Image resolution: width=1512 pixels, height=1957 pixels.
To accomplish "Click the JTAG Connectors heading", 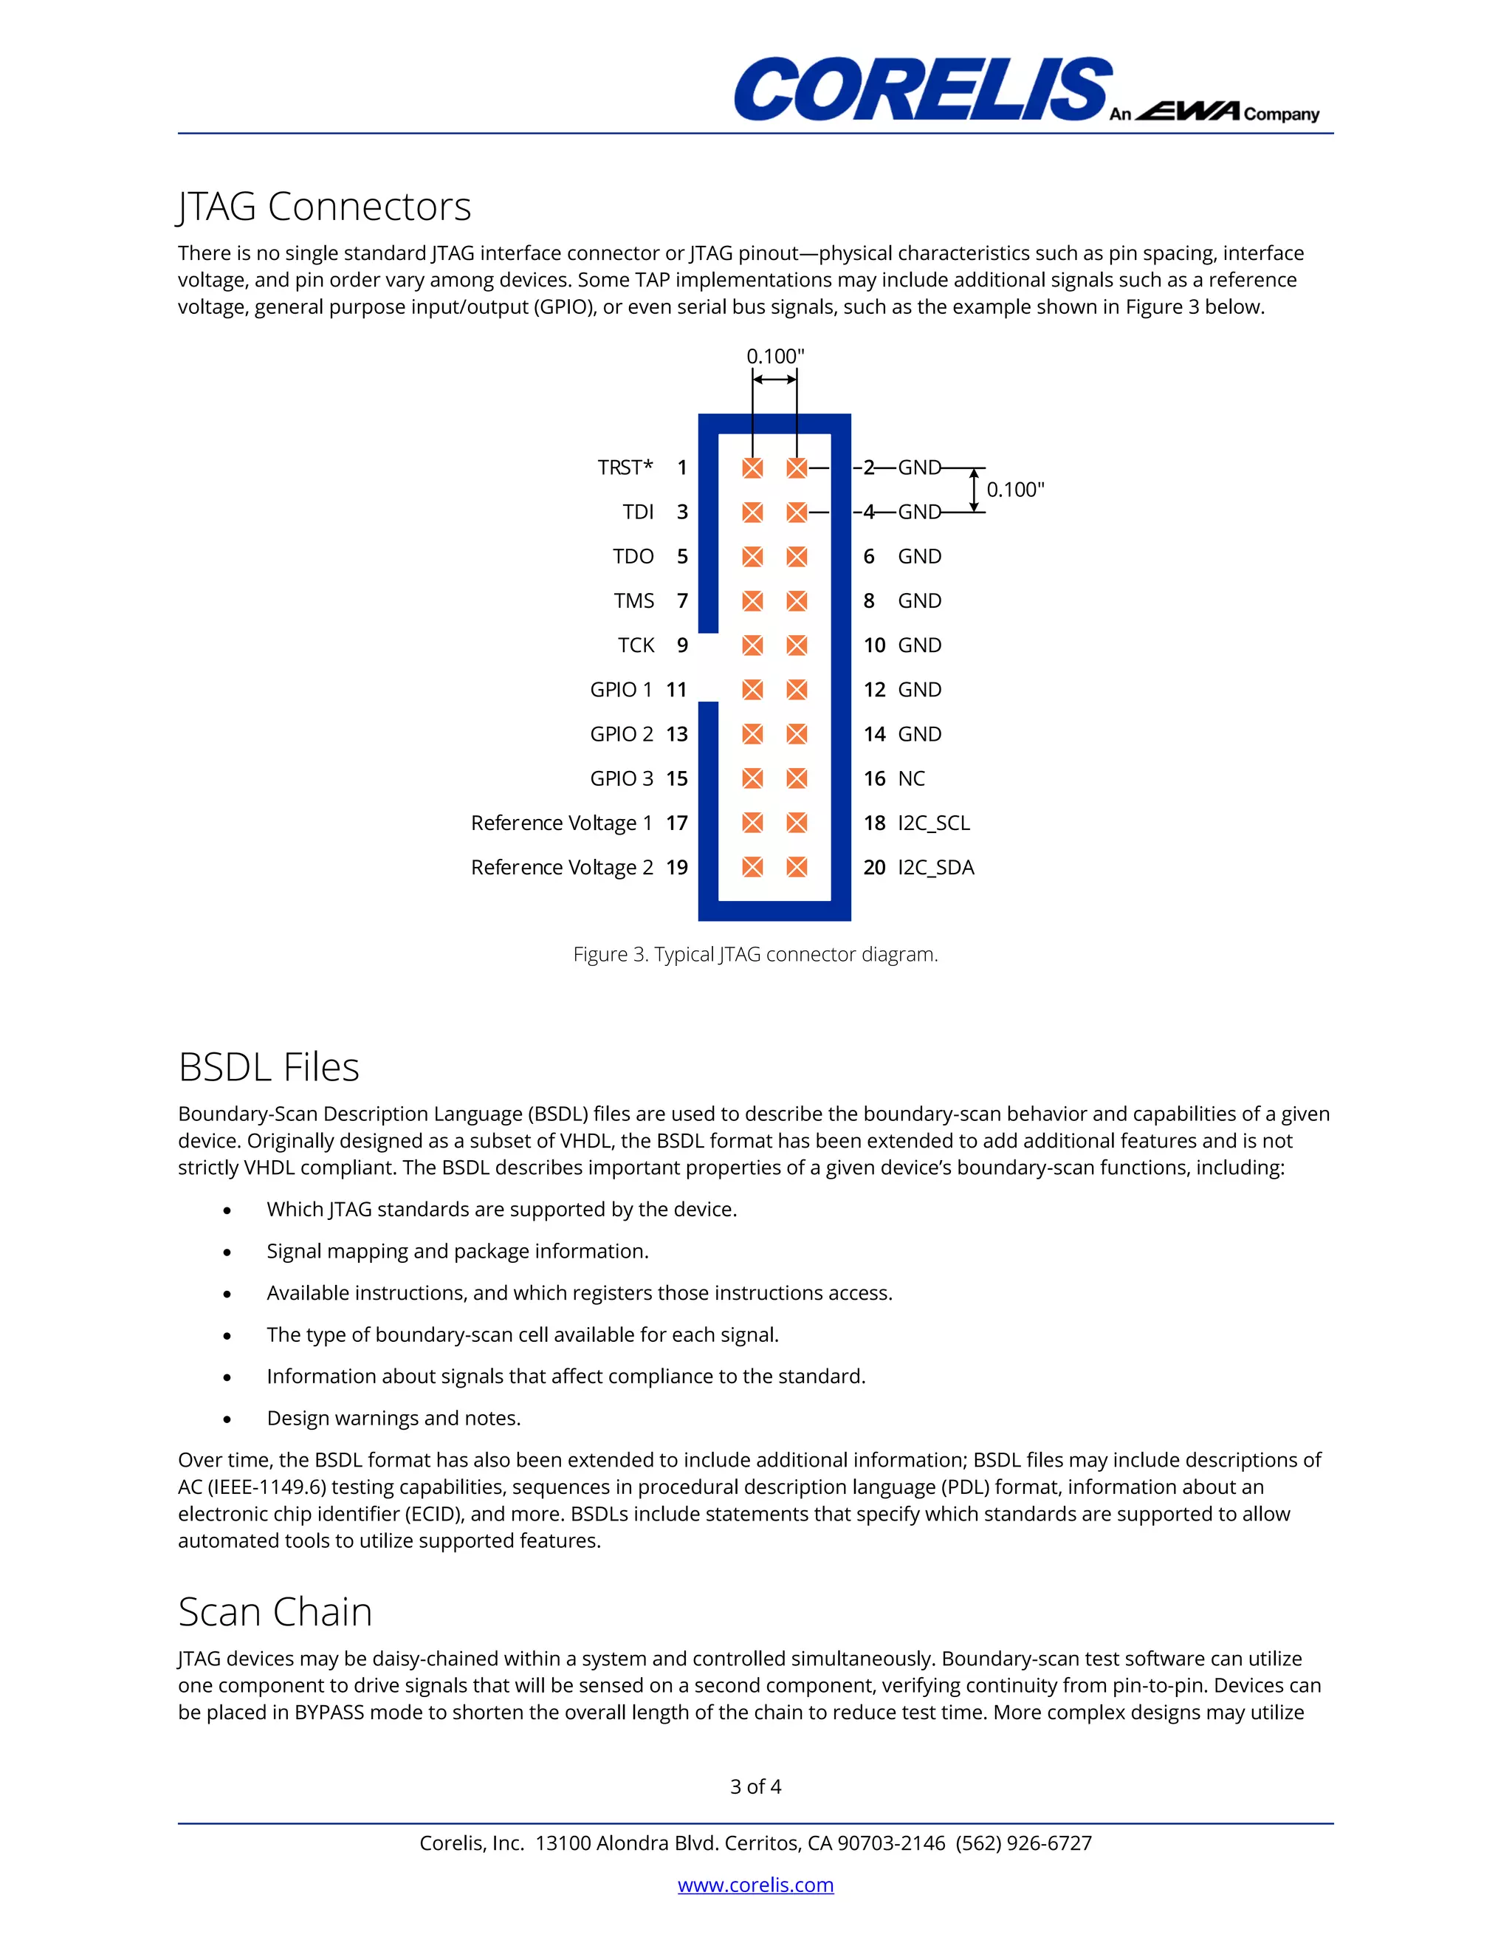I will click(324, 207).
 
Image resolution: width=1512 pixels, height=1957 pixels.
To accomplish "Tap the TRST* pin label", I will click(625, 467).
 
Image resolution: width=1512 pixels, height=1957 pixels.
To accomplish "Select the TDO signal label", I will click(633, 557).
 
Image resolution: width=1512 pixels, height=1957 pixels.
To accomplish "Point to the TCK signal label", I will click(636, 645).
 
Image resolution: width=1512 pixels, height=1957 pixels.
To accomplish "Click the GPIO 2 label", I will click(621, 734).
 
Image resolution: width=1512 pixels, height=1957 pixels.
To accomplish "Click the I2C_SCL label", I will click(933, 823).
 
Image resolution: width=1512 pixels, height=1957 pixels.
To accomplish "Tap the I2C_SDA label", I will click(935, 868).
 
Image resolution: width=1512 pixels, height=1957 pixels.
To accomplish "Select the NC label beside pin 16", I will click(911, 778).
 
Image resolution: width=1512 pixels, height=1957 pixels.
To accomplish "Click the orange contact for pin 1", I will click(752, 467).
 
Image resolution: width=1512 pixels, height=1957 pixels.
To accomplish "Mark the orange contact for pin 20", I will click(797, 868).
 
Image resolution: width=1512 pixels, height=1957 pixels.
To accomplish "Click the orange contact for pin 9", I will click(752, 645).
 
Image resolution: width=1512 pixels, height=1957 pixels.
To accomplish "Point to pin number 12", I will click(874, 690).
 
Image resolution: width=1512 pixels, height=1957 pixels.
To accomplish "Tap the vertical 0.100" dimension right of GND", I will click(1015, 489).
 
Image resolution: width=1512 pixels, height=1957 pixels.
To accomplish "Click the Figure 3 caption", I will click(755, 954).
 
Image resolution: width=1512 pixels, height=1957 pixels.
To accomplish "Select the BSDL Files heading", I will click(269, 1067).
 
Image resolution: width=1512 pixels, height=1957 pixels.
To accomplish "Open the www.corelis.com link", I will click(755, 1885).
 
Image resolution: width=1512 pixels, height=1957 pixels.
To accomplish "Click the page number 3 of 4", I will click(755, 1786).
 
